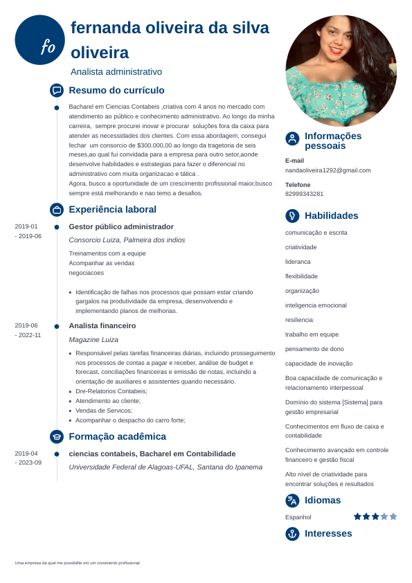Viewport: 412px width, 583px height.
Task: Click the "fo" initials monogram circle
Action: point(39,40)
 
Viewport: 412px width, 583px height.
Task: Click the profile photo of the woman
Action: point(341,70)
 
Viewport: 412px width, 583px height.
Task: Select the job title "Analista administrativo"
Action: point(116,71)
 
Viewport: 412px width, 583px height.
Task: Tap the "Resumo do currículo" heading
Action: point(116,90)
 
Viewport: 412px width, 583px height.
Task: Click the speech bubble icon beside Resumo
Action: point(57,90)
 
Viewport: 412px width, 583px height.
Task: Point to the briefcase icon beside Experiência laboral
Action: point(57,209)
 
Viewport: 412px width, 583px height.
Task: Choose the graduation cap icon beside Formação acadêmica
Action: point(57,436)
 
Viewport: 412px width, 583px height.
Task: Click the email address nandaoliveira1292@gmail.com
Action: point(328,170)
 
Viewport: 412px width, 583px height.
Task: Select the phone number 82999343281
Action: point(304,194)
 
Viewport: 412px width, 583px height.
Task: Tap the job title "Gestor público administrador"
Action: point(121,226)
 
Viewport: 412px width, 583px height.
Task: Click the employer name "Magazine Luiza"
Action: point(93,339)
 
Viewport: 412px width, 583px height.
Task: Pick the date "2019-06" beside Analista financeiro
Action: point(26,325)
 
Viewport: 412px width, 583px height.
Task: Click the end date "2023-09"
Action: point(28,463)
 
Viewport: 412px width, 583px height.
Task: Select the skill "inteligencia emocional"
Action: point(316,305)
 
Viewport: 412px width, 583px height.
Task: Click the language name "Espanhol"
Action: point(298,517)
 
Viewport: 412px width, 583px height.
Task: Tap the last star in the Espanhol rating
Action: point(393,517)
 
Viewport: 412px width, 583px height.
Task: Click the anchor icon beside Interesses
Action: point(292,534)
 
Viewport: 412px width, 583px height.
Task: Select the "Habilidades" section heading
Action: point(331,216)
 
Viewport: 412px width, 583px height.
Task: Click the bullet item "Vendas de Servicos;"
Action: point(103,411)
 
